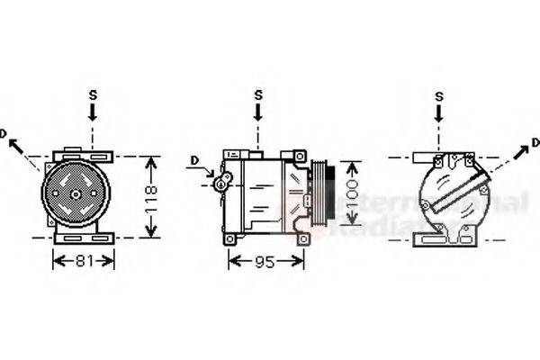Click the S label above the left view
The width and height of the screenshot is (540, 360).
tap(92, 94)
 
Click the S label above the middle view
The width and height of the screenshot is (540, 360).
tap(258, 94)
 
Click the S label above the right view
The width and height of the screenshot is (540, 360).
tap(439, 96)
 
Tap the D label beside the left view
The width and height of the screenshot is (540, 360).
tap(4, 134)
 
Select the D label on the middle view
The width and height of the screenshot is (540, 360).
tap(193, 161)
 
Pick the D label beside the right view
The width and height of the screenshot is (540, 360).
tap(535, 142)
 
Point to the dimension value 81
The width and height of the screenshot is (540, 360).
tap(84, 261)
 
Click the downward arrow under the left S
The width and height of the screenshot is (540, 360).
tap(92, 112)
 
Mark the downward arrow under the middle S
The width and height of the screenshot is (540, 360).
tap(258, 113)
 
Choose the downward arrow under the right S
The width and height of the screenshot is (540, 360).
tap(439, 114)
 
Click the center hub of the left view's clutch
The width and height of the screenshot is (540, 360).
tap(76, 193)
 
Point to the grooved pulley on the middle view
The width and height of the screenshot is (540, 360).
tap(320, 194)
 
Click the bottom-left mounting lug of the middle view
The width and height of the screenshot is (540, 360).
tap(230, 238)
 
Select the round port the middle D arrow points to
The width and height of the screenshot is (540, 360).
tap(220, 184)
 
